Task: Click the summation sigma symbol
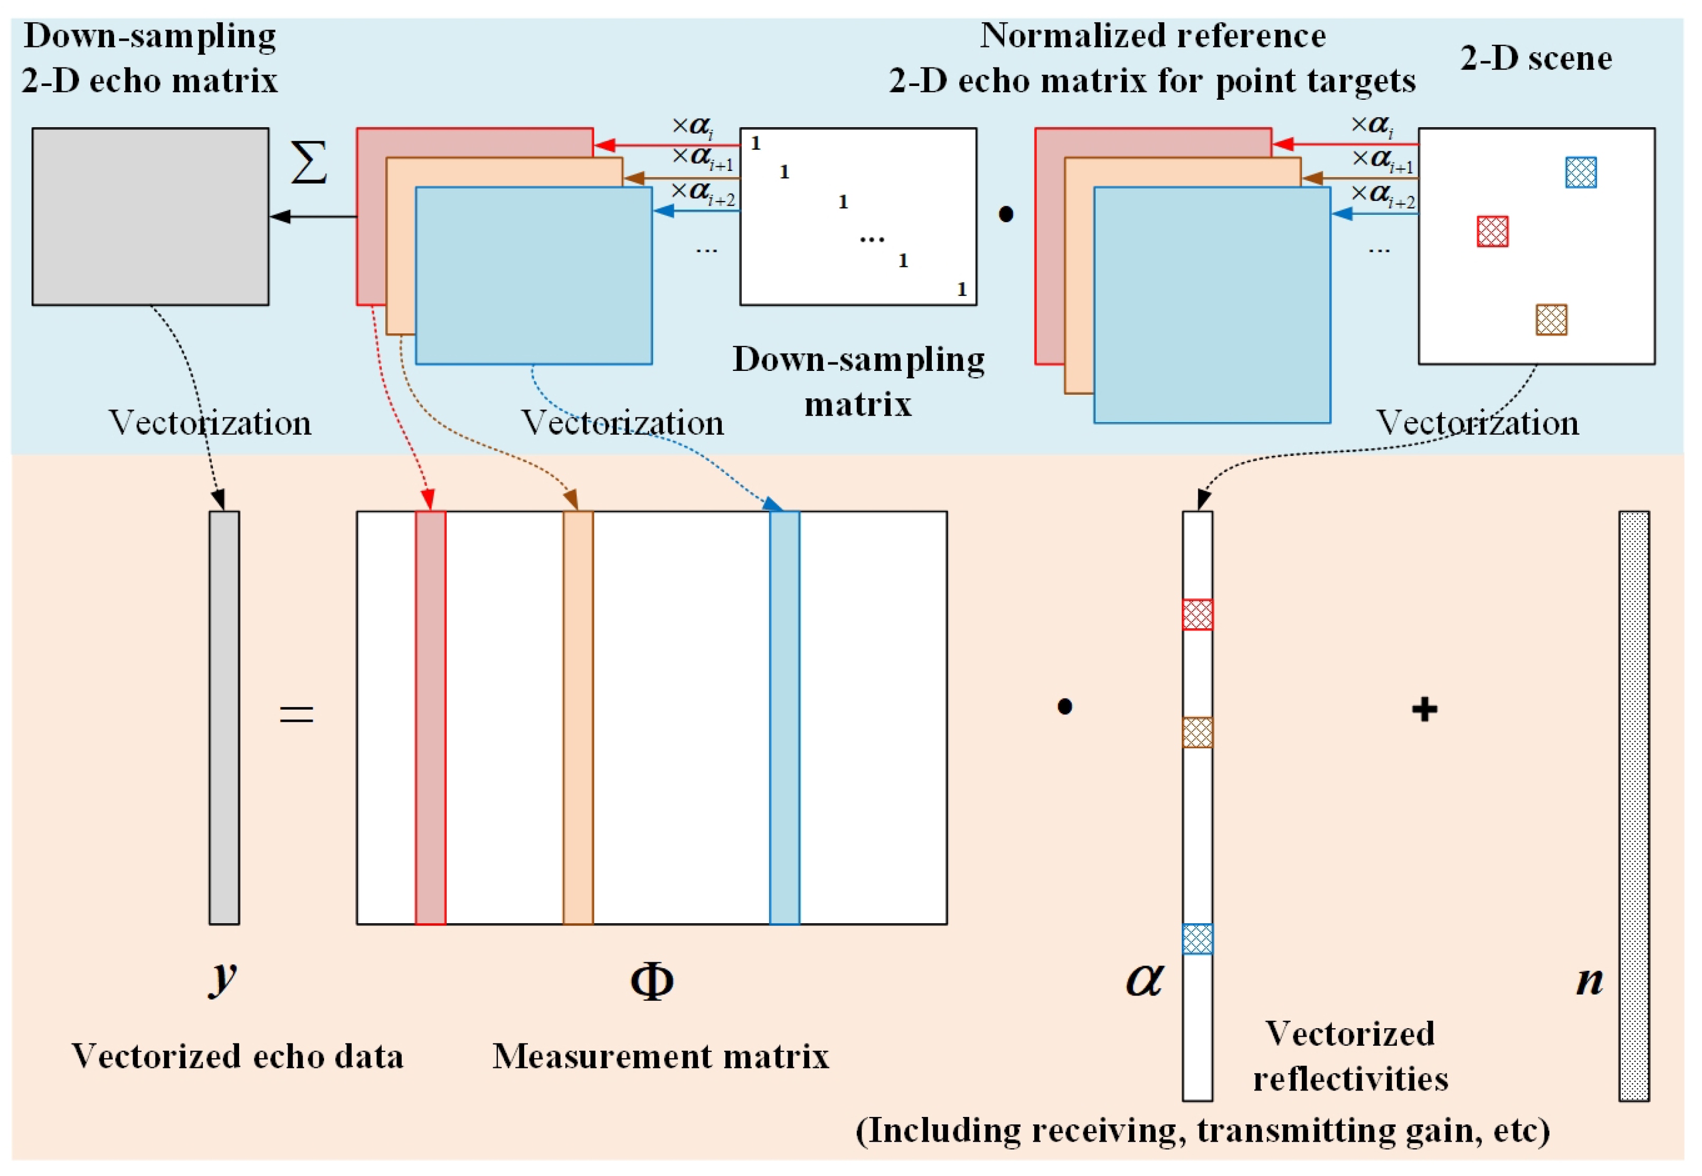click(309, 163)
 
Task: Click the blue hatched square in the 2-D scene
click(1581, 173)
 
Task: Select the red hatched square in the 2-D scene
click(1492, 232)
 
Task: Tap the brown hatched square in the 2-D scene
click(1551, 320)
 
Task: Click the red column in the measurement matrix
click(430, 717)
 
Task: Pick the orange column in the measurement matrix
click(578, 717)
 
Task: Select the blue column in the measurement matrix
click(784, 717)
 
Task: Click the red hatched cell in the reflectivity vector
click(1197, 615)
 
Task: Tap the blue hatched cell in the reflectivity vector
click(1197, 939)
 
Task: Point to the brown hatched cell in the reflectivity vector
click(1197, 732)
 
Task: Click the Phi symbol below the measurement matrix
click(651, 981)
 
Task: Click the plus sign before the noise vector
click(1424, 710)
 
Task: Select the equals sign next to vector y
click(296, 713)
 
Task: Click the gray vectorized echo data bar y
click(224, 717)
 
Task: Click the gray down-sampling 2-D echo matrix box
click(150, 217)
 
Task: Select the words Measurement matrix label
click(660, 1056)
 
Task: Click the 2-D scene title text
click(1536, 58)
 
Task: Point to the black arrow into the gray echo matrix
click(313, 217)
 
